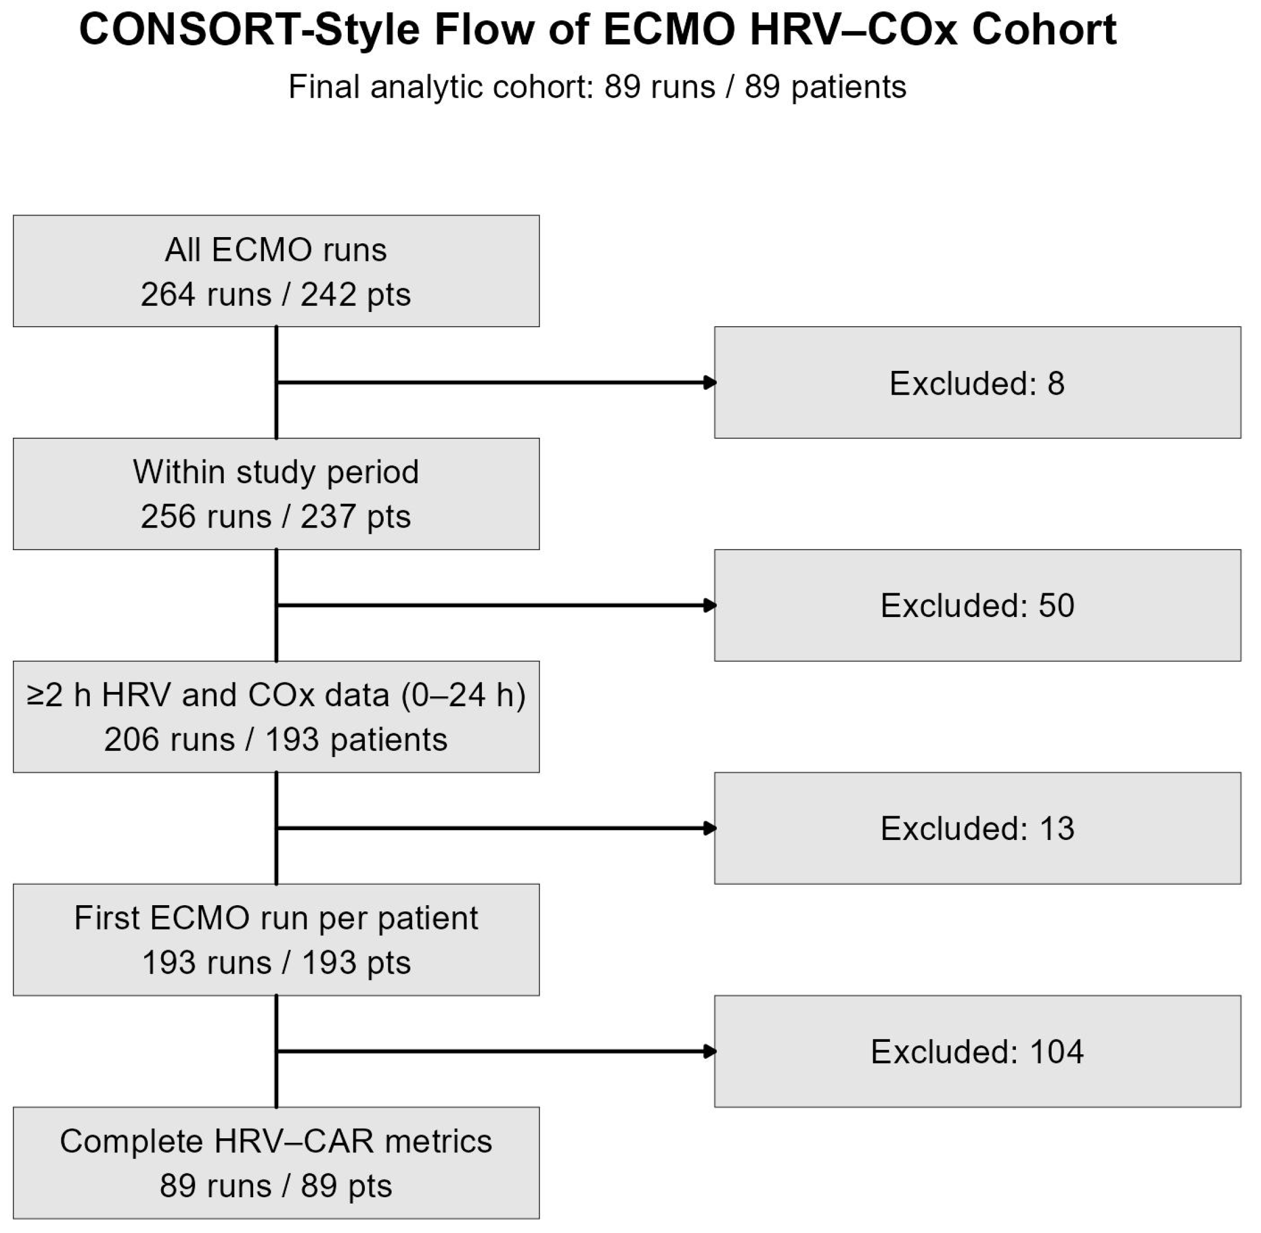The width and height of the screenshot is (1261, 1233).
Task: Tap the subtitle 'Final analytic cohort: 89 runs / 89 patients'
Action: pyautogui.click(x=597, y=87)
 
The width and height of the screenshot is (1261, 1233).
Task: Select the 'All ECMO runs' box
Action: pyautogui.click(x=276, y=271)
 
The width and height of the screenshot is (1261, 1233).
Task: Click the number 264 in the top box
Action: pyautogui.click(x=169, y=295)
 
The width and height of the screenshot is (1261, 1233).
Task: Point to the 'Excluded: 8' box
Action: pyautogui.click(x=977, y=382)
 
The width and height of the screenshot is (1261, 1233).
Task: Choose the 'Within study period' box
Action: pyautogui.click(x=276, y=494)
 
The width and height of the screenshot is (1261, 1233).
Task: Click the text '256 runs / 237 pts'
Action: pyautogui.click(x=276, y=517)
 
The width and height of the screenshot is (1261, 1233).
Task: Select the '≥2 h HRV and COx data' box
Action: pyautogui.click(x=276, y=717)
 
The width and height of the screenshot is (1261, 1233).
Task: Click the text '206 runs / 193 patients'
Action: pyautogui.click(x=276, y=740)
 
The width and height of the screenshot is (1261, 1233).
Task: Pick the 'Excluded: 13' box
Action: pyautogui.click(x=977, y=828)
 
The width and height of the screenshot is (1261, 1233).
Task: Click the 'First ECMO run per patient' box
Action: pyautogui.click(x=276, y=940)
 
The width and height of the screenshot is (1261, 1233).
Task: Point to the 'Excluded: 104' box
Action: pyautogui.click(x=977, y=1051)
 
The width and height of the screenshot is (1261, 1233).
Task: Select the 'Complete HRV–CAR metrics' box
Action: pyautogui.click(x=276, y=1163)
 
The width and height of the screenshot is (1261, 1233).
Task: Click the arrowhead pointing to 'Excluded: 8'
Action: pyautogui.click(x=709, y=382)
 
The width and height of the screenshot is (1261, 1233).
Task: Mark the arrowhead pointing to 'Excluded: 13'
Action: pyautogui.click(x=709, y=828)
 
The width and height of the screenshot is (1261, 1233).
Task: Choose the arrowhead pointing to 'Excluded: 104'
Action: pyautogui.click(x=709, y=1051)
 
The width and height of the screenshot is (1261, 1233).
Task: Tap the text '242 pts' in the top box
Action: pyautogui.click(x=356, y=295)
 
